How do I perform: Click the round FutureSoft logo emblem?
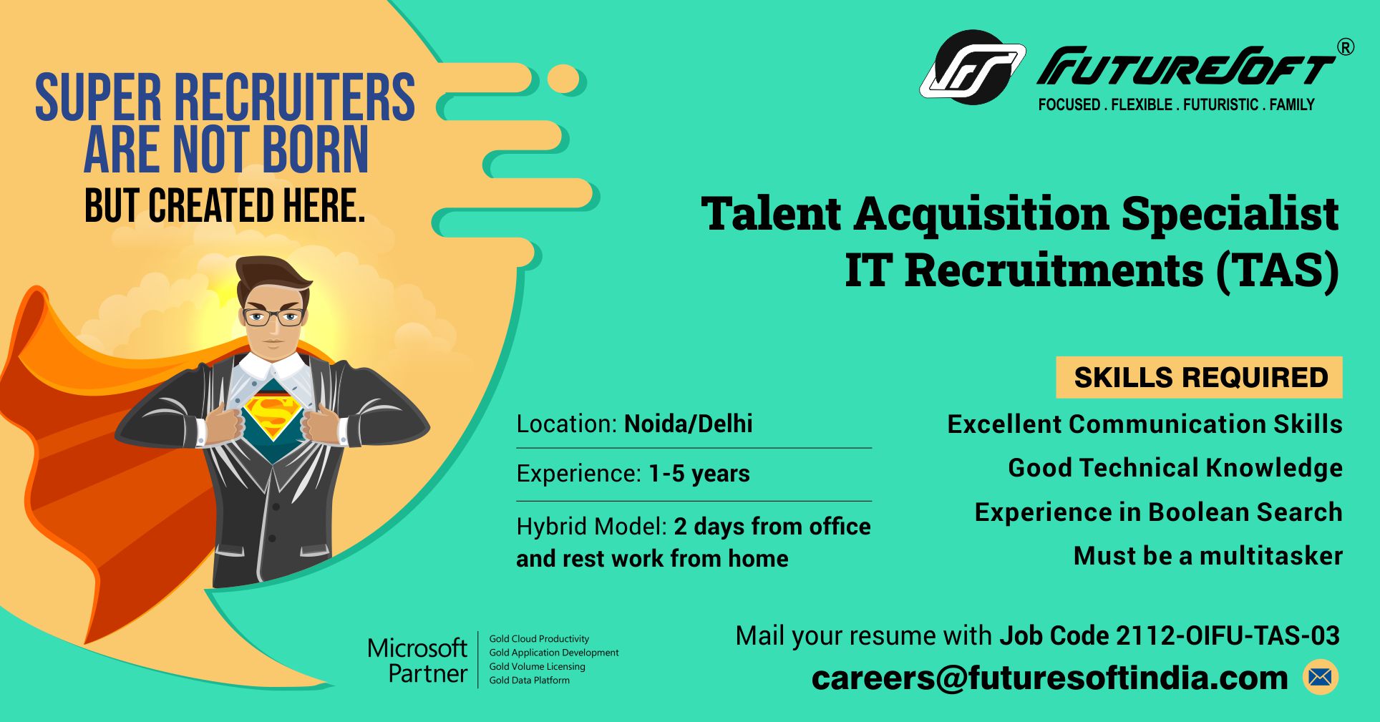point(973,67)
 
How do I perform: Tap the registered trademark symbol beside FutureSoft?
point(1346,47)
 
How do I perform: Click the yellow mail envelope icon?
point(1321,677)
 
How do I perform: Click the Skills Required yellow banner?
point(1199,377)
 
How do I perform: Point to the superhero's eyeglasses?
point(273,317)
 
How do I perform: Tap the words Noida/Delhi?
point(688,424)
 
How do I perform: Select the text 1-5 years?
point(699,474)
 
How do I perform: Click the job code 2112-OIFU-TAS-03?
point(1169,635)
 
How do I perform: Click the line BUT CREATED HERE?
point(225,206)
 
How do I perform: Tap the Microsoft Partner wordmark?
point(417,660)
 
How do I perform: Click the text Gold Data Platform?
point(529,680)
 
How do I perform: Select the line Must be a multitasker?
point(1207,556)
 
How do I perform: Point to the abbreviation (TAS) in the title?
point(1278,270)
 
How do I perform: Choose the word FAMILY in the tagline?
point(1292,104)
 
